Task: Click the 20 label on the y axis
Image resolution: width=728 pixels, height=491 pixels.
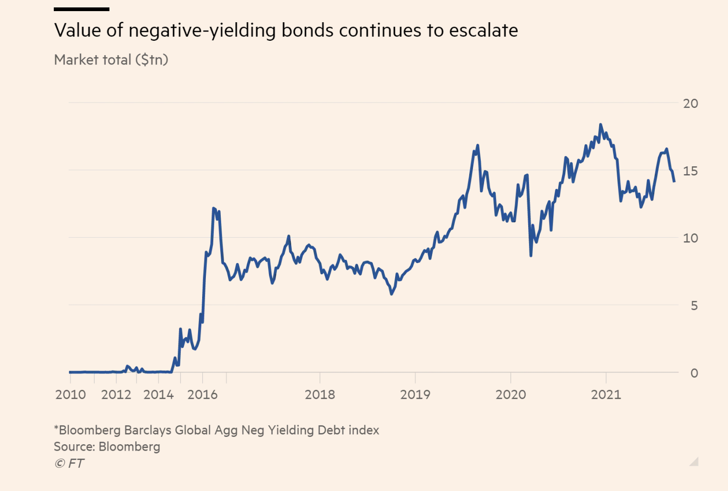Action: coord(690,103)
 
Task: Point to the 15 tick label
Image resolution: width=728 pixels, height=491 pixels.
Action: coord(690,171)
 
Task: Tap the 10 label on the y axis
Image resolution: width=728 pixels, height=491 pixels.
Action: coord(690,238)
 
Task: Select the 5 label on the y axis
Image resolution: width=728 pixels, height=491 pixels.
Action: coord(694,306)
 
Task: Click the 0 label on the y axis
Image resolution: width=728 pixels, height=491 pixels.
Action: coord(694,373)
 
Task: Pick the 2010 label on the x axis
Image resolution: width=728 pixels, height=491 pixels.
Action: coord(70,395)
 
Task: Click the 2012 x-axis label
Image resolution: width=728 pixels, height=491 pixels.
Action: coord(116,395)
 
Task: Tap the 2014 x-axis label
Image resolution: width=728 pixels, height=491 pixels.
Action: coord(158,395)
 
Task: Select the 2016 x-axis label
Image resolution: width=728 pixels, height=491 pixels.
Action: coord(202,395)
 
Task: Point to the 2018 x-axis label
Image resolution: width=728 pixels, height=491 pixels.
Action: coord(319,395)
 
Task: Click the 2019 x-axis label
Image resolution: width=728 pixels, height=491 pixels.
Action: coord(415,395)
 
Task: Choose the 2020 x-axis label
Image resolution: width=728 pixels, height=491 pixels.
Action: coord(511,395)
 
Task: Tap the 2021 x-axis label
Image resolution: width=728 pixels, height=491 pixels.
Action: coord(606,395)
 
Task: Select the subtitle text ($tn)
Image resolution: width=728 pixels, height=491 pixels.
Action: coord(151,60)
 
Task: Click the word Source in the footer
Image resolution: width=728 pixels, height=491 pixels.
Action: coord(74,447)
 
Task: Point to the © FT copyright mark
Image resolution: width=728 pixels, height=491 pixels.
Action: coord(69,463)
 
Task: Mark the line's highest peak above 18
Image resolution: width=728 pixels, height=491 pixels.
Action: coord(600,125)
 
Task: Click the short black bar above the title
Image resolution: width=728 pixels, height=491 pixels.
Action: coord(82,9)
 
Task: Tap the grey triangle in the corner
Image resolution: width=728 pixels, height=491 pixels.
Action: coord(694,462)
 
